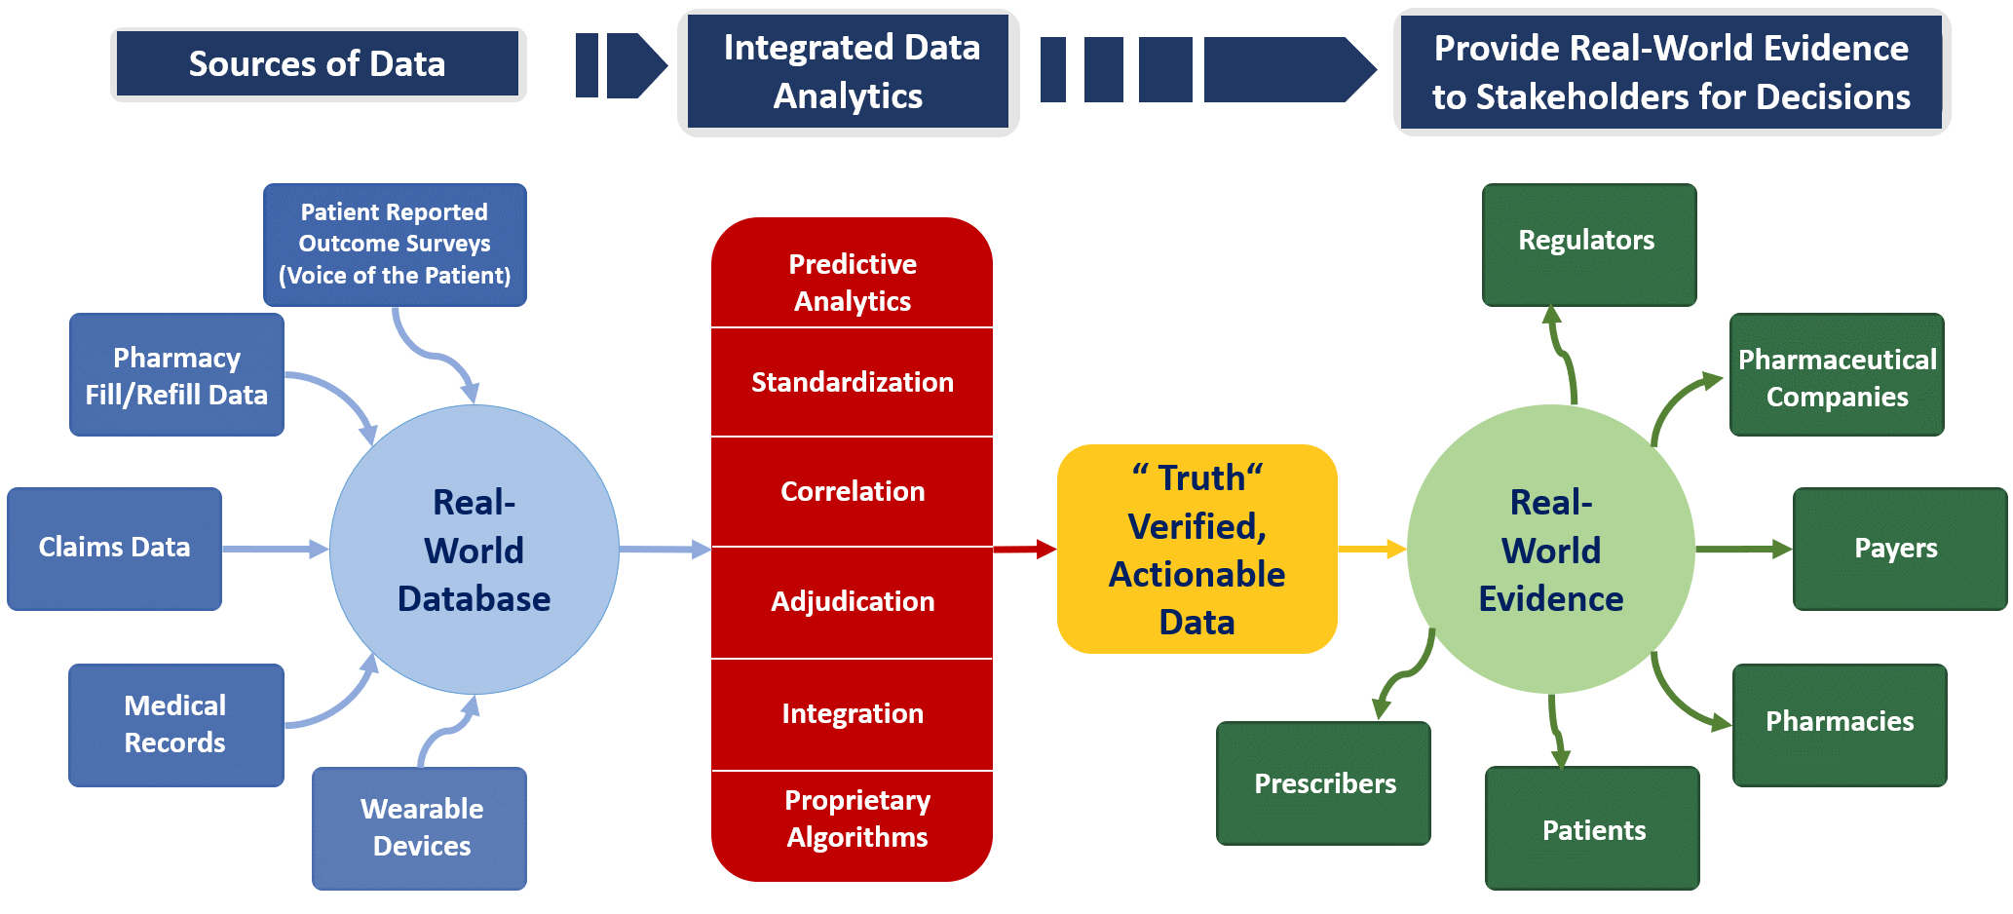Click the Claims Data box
114,549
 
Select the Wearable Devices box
419,828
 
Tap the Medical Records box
176,725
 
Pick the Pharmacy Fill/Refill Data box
176,374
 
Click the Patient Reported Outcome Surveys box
395,245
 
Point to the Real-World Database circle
475,550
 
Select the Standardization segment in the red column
852,382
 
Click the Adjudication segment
852,602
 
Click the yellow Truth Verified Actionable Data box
1196,549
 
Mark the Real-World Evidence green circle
1551,550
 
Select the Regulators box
1589,245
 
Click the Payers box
1900,549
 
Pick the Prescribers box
1323,782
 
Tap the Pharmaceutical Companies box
1837,374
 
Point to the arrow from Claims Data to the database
276,550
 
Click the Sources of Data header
318,64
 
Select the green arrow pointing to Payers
1744,550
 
